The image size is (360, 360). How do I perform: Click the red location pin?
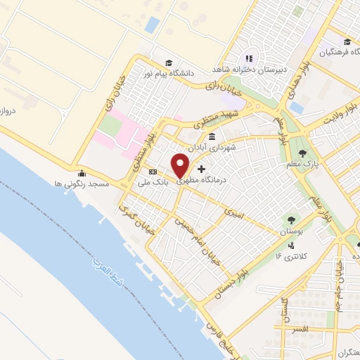coord(181,165)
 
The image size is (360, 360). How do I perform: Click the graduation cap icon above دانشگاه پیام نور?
coord(168,61)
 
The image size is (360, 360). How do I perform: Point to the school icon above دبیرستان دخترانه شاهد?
coord(247,58)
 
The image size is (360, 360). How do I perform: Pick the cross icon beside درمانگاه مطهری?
coord(202,169)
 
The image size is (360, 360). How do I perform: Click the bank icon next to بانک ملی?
coord(153,172)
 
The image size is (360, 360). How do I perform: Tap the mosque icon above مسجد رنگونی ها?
coord(82,173)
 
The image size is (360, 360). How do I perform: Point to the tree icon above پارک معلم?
coord(303,153)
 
